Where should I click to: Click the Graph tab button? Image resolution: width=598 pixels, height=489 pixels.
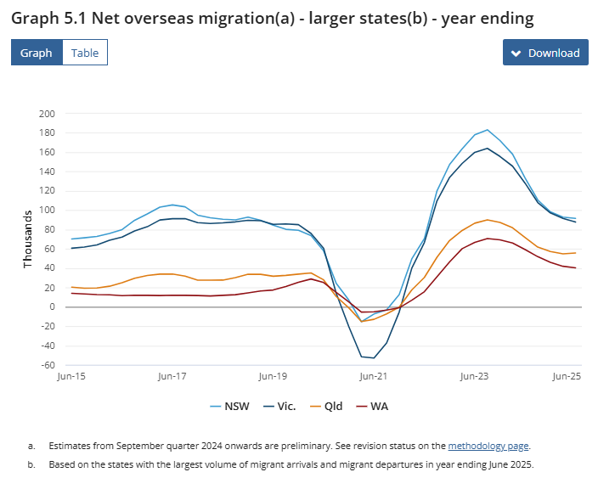37,53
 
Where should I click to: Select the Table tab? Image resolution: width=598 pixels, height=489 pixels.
85,53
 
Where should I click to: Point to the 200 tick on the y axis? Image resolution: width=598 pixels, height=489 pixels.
47,114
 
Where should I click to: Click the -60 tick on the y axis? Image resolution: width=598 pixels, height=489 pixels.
46,365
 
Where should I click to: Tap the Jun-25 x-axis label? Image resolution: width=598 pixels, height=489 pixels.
565,374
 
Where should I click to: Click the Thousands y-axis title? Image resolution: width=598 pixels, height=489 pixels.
28,239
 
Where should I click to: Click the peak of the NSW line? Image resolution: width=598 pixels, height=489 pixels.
487,130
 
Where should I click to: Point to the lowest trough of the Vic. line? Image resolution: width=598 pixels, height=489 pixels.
374,357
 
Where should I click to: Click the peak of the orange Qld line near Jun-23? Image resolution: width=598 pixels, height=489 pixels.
488,219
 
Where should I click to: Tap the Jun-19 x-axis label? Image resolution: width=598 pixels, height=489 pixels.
273,374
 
